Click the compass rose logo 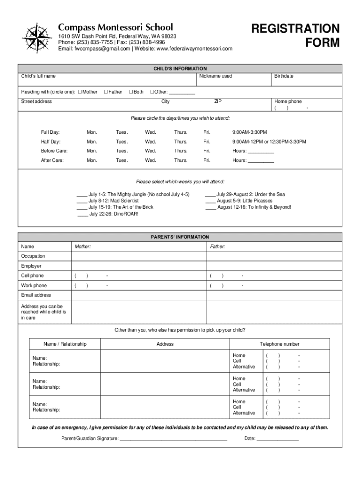[37, 37]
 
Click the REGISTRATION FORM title [295, 36]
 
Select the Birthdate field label [284, 76]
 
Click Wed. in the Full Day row [150, 132]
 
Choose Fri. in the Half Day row [207, 142]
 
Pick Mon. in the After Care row [92, 160]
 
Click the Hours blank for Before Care [260, 152]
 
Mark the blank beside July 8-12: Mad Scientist [82, 201]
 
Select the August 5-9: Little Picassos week [244, 201]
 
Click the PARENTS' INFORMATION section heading [180, 237]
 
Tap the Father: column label [217, 247]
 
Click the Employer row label [31, 266]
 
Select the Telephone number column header [280, 344]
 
